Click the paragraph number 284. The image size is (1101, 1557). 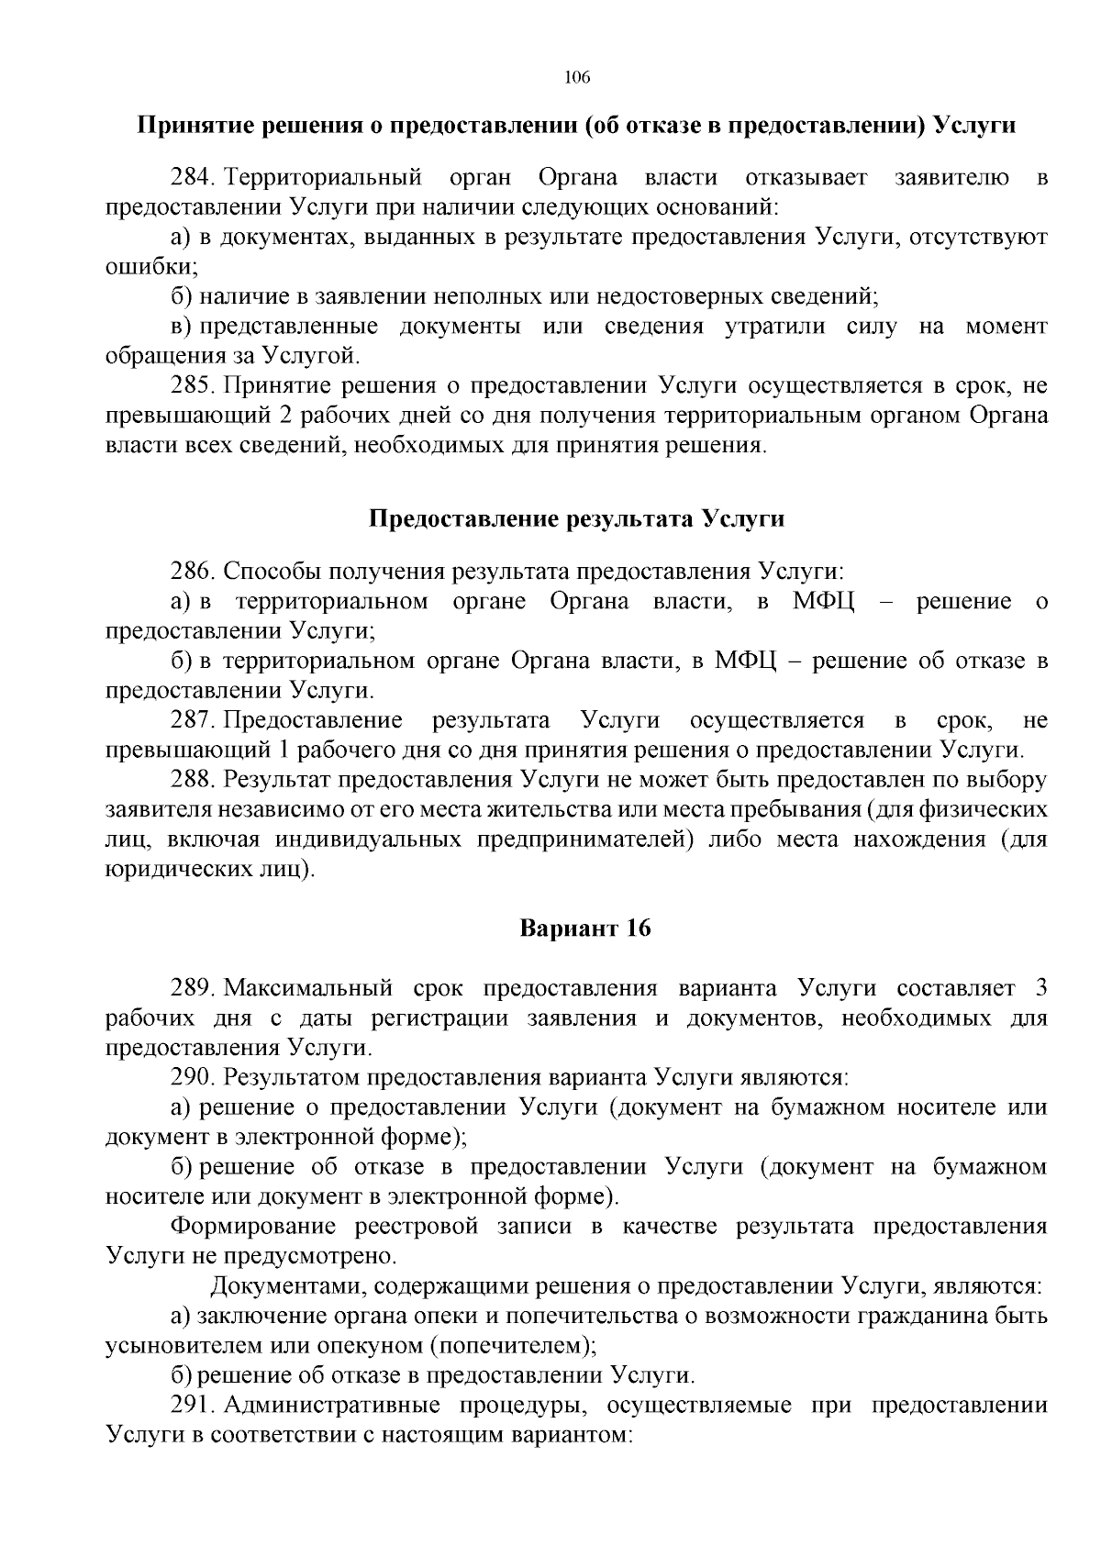[x=191, y=177]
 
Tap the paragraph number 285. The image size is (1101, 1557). [x=191, y=385]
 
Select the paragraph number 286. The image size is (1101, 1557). [x=191, y=571]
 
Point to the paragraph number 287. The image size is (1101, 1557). [x=191, y=720]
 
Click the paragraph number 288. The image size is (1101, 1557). [x=191, y=780]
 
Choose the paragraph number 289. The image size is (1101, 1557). [x=191, y=988]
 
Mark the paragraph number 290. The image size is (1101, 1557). [x=191, y=1076]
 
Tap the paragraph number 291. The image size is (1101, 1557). [x=191, y=1405]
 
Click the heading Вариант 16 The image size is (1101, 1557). [x=585, y=928]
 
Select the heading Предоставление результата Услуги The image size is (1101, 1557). [x=576, y=518]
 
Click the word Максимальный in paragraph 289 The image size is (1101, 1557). [x=308, y=988]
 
